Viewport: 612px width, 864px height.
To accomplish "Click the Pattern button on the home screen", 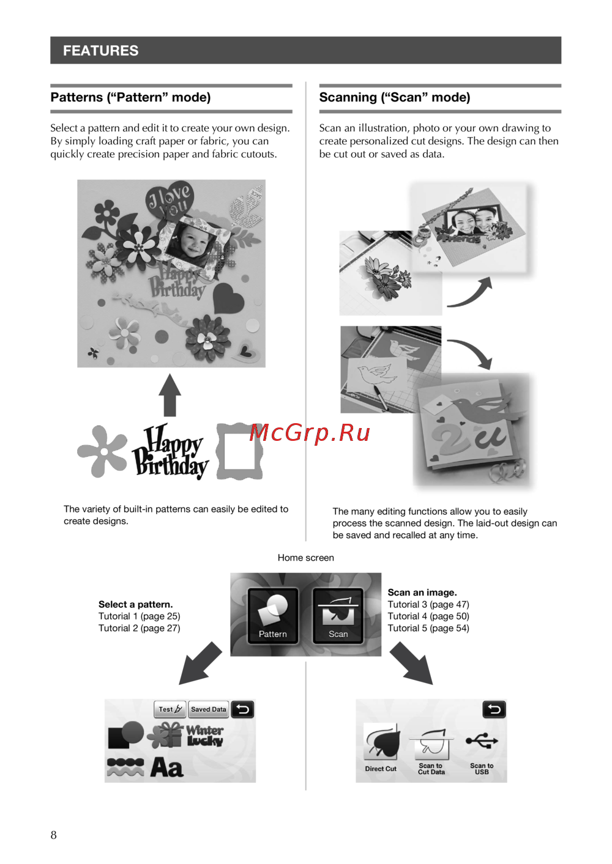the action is (272, 616).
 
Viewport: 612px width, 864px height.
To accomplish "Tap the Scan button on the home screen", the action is (338, 616).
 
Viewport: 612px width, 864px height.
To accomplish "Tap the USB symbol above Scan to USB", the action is (482, 740).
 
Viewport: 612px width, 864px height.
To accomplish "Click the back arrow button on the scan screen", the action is (494, 709).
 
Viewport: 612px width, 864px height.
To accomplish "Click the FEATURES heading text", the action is (100, 51).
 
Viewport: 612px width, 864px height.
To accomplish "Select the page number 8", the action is (53, 835).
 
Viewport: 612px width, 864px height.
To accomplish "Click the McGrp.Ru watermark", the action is (310, 433).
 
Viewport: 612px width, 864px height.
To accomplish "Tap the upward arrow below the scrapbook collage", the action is (170, 395).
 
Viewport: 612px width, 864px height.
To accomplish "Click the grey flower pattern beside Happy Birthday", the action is (103, 451).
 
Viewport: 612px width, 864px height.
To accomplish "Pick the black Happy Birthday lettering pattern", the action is (170, 451).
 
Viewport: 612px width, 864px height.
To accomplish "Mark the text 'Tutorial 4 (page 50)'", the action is (428, 616).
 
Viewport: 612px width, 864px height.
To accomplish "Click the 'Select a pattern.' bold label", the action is (135, 604).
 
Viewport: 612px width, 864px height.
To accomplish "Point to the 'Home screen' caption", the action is (306, 558).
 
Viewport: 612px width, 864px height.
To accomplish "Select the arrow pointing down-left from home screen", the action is (200, 664).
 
